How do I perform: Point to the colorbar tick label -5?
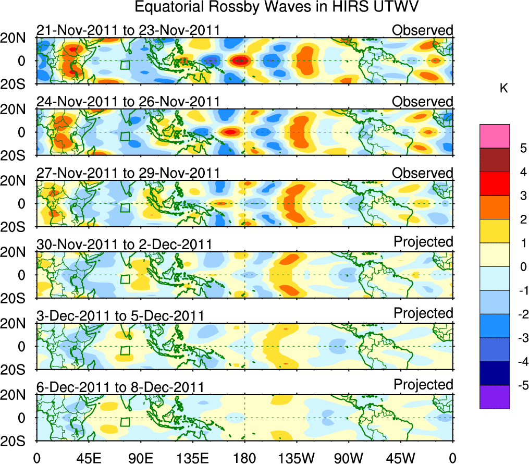(x=520, y=385)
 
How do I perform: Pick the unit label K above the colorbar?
(x=503, y=89)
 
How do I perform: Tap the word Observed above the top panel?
(x=423, y=30)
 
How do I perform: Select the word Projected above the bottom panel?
(x=423, y=385)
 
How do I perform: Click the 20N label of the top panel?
(x=17, y=38)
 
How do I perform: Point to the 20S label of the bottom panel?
(x=17, y=441)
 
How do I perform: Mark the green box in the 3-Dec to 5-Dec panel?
(x=125, y=350)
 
